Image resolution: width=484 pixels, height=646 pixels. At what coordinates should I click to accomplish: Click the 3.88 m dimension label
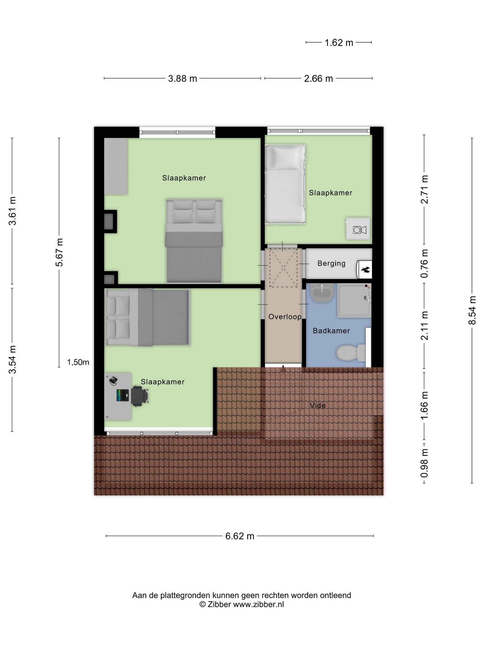(182, 79)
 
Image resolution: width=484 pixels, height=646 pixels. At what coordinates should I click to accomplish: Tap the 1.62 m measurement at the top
(339, 43)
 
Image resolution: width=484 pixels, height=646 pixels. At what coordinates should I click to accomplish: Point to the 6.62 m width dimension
(239, 536)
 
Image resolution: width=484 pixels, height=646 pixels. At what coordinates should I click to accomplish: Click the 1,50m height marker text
(78, 362)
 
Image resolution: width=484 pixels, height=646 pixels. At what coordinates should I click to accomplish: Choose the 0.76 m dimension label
(424, 264)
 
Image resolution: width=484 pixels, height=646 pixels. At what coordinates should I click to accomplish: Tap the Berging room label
(331, 263)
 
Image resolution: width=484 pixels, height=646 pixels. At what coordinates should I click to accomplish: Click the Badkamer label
(331, 331)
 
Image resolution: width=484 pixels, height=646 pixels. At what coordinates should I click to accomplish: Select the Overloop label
(285, 317)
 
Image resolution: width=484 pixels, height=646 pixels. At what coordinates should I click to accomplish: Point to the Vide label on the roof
(318, 405)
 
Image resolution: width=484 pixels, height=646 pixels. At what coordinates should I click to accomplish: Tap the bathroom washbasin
(322, 292)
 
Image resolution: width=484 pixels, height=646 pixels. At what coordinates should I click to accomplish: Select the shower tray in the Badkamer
(354, 300)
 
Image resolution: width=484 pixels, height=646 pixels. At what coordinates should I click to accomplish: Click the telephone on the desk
(113, 380)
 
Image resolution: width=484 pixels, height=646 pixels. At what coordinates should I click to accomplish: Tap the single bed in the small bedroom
(285, 184)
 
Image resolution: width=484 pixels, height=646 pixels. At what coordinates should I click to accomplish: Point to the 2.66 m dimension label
(318, 79)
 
